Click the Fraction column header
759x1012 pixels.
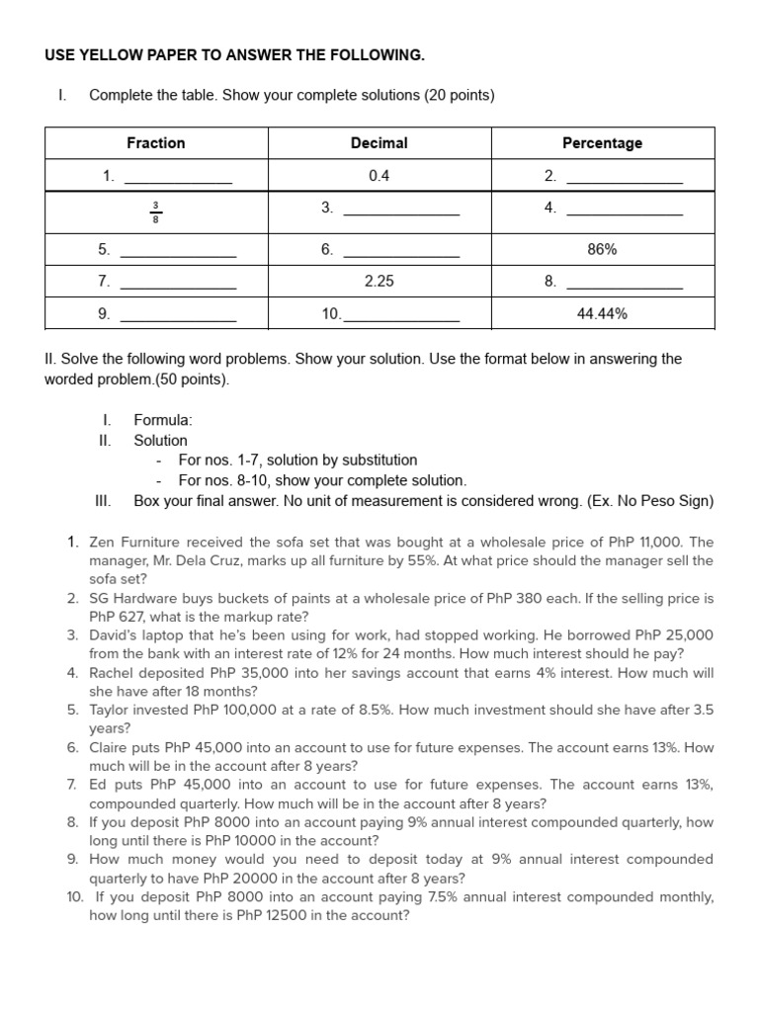[155, 143]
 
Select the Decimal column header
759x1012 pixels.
[379, 143]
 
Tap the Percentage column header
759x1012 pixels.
[602, 143]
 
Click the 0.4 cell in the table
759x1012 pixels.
[379, 176]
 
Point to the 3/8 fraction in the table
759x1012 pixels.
[155, 212]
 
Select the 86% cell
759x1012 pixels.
[602, 250]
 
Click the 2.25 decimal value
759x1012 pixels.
[379, 281]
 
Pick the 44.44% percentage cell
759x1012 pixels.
[602, 314]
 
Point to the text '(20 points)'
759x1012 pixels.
[460, 96]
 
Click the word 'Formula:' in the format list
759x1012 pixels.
[163, 421]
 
